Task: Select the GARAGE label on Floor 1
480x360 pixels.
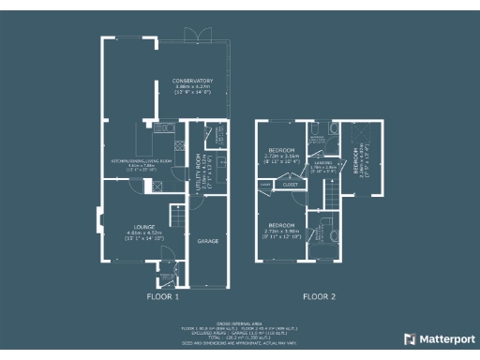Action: pyautogui.click(x=207, y=241)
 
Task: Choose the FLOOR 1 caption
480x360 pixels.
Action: pyautogui.click(x=162, y=296)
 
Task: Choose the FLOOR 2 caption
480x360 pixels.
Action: pyautogui.click(x=319, y=296)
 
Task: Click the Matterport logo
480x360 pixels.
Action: pyautogui.click(x=439, y=338)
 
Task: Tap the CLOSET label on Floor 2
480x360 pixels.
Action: pyautogui.click(x=290, y=186)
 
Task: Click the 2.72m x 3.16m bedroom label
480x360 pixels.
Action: pyautogui.click(x=281, y=150)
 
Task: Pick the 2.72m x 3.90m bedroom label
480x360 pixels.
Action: pyautogui.click(x=281, y=226)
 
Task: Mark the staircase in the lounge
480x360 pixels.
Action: pyautogui.click(x=173, y=214)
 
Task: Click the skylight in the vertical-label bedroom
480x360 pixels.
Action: pyautogui.click(x=355, y=141)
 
